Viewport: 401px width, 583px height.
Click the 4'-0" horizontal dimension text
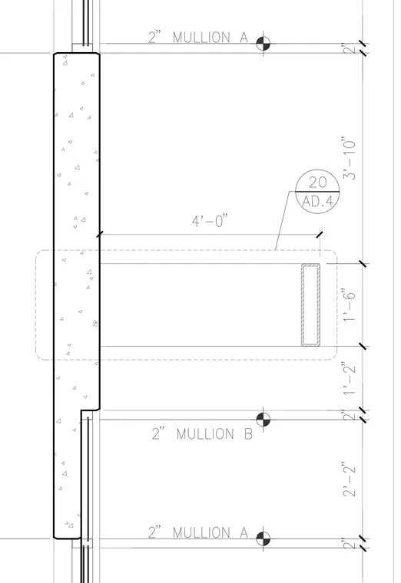(x=209, y=221)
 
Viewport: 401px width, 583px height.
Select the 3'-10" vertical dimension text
(x=350, y=159)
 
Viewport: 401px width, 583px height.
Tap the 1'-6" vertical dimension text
(x=350, y=305)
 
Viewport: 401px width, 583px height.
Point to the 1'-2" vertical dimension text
(x=350, y=379)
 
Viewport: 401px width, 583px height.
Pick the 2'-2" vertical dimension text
(x=350, y=479)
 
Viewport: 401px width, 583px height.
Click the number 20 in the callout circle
(x=317, y=183)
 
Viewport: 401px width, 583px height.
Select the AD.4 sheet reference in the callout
(x=317, y=201)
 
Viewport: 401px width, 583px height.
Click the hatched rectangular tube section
(x=310, y=305)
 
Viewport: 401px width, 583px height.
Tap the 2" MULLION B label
(x=202, y=433)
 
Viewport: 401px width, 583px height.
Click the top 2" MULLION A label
(x=198, y=37)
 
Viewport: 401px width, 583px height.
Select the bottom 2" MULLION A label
(x=198, y=532)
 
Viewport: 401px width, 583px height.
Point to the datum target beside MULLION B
(x=263, y=419)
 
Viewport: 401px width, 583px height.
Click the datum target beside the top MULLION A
(x=263, y=44)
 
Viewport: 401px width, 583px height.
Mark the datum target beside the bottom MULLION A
(x=263, y=539)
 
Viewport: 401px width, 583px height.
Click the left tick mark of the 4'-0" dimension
(x=99, y=235)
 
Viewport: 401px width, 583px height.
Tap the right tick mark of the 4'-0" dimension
(x=320, y=235)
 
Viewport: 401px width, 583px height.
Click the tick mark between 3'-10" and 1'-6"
(x=363, y=264)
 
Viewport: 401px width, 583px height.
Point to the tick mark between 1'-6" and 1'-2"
(x=363, y=347)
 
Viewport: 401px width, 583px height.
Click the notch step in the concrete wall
(x=90, y=410)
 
